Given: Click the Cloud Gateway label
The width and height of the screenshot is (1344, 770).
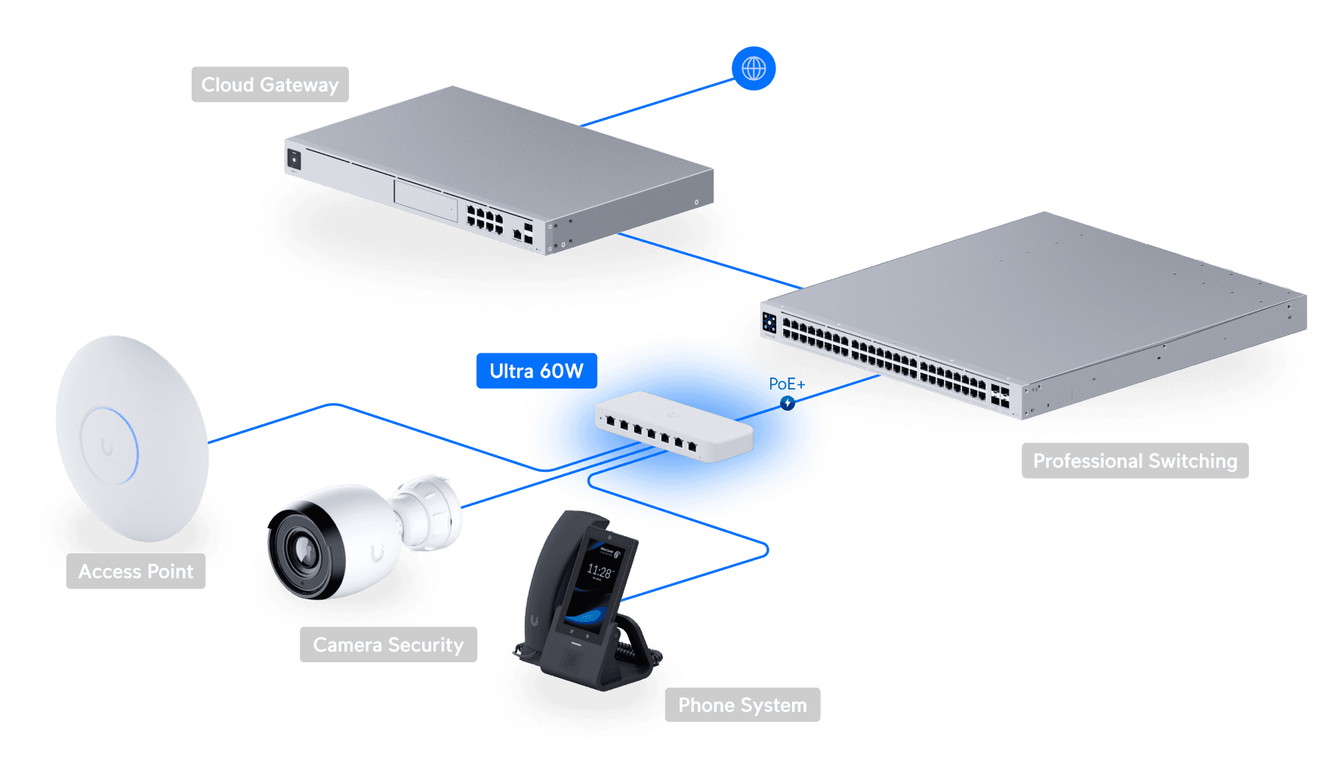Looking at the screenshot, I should tap(270, 85).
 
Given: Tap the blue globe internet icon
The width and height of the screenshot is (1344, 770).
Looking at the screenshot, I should tap(754, 69).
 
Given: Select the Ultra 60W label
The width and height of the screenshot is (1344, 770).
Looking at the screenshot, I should tap(536, 371).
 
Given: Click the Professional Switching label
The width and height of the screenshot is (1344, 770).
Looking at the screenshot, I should tap(1135, 460).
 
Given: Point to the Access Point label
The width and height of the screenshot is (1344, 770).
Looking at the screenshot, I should tap(136, 571).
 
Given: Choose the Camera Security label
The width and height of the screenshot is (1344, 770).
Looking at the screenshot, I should tap(388, 645).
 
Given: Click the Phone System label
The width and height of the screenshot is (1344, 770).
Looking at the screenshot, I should tap(742, 705).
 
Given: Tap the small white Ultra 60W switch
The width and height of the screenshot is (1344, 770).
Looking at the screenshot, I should tap(674, 427).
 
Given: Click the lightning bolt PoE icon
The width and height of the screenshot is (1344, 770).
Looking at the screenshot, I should tap(788, 403).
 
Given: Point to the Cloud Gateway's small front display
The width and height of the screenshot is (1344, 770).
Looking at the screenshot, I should tap(294, 159).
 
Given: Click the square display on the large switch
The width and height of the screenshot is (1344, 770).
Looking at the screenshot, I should tap(769, 323).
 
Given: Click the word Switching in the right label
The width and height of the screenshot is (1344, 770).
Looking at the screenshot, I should tap(1192, 460).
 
